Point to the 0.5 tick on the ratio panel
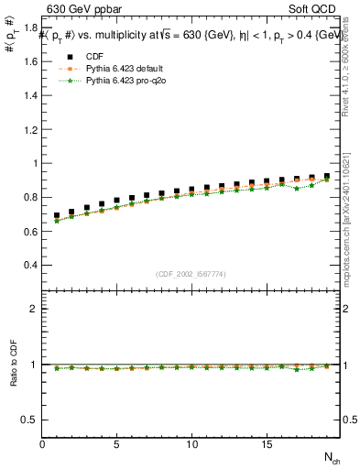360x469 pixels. (29, 420)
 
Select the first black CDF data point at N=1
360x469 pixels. (57, 216)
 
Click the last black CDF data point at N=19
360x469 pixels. (326, 176)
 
